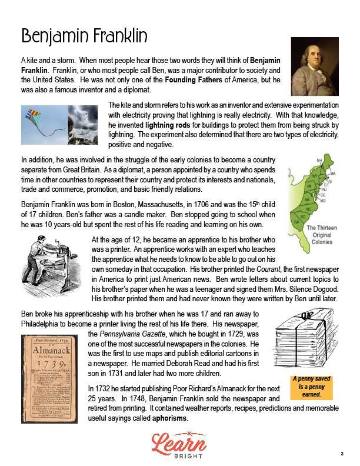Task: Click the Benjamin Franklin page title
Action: tap(84, 36)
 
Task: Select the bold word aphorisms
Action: tap(169, 418)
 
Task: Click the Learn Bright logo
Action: tap(180, 444)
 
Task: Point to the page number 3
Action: tap(341, 453)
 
